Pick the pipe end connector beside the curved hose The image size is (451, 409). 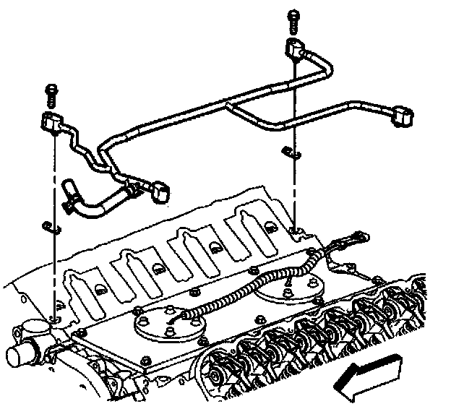coord(160,190)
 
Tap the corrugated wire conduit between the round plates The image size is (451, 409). coord(239,290)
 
